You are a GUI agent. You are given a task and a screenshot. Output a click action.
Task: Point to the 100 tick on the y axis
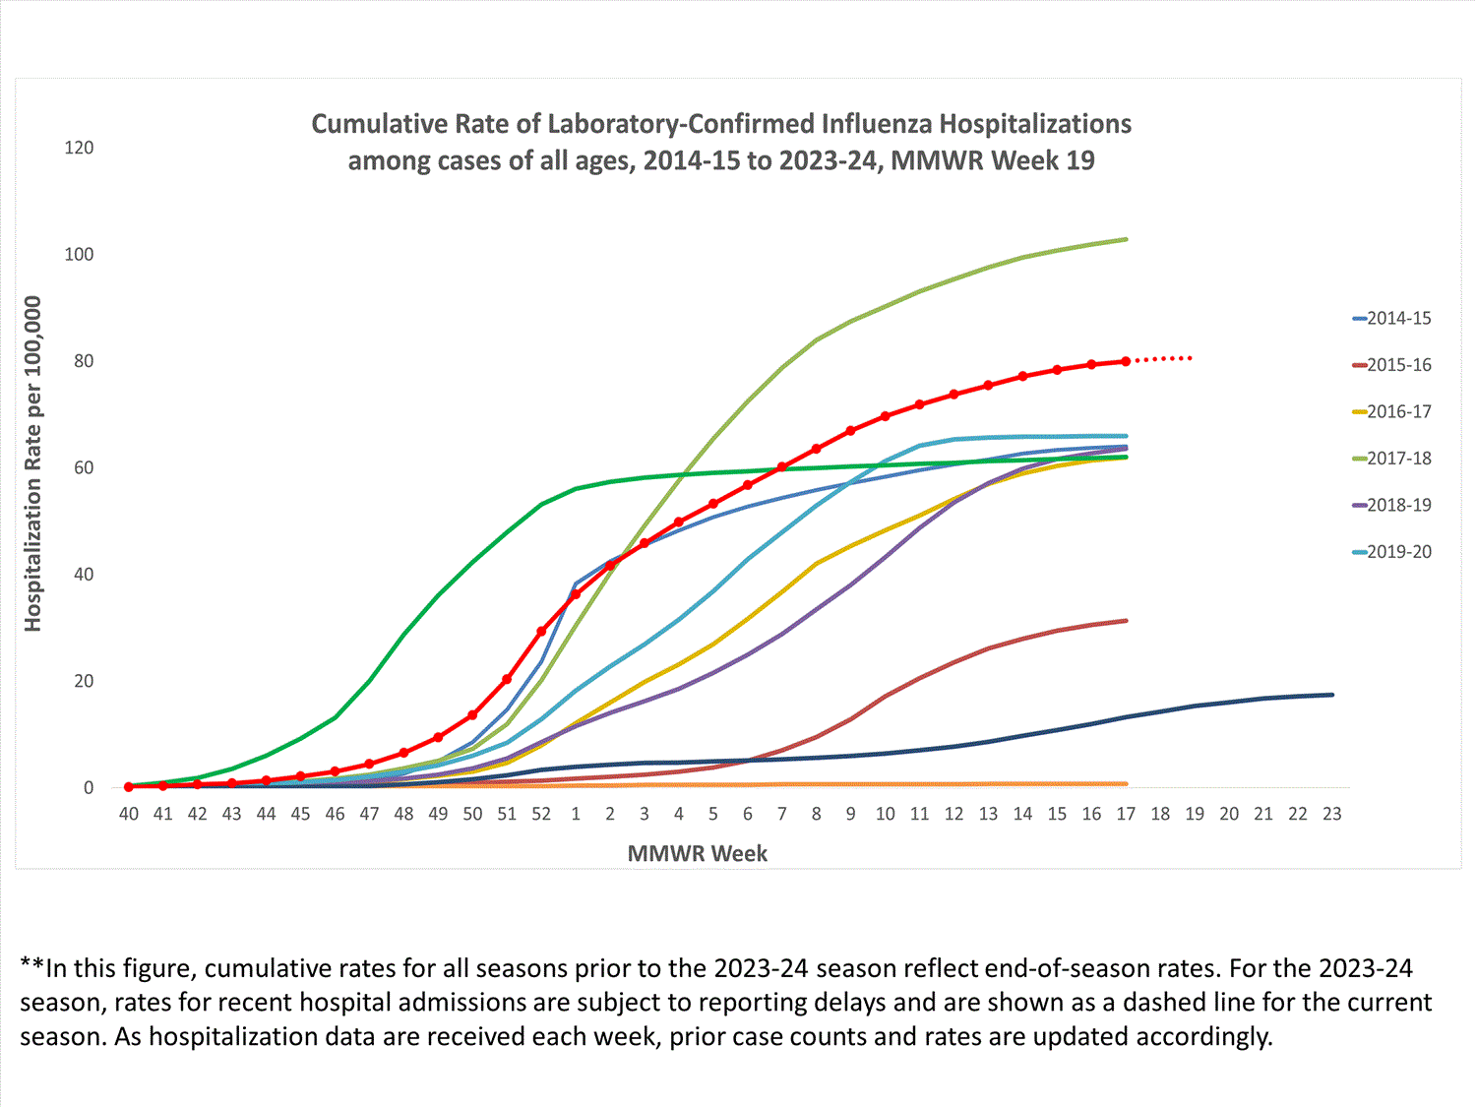click(x=79, y=254)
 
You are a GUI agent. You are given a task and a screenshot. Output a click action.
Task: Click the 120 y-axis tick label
click(x=79, y=148)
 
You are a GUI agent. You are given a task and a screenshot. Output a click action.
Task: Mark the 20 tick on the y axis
click(x=83, y=681)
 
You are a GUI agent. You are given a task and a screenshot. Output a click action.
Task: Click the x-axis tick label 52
click(x=541, y=814)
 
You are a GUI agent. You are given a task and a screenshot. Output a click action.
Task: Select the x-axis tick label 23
click(x=1331, y=814)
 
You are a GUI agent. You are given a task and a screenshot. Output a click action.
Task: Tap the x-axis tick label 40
click(x=129, y=814)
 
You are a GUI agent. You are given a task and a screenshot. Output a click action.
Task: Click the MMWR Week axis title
click(x=697, y=853)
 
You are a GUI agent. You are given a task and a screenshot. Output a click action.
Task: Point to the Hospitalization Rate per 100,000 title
click(x=33, y=463)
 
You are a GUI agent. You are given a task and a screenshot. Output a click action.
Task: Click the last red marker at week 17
click(x=1126, y=361)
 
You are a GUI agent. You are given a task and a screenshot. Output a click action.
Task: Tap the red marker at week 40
click(x=129, y=786)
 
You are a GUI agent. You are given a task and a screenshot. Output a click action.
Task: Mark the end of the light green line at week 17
click(x=1126, y=239)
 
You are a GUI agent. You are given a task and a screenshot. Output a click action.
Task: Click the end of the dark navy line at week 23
click(x=1331, y=695)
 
